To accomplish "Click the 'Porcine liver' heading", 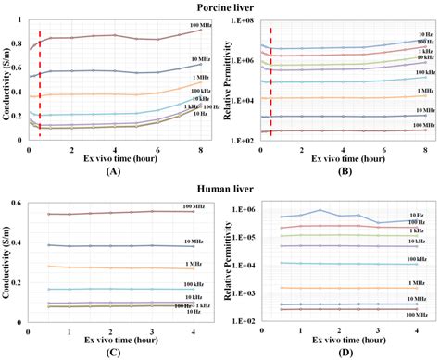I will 219,7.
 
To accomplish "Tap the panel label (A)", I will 114,171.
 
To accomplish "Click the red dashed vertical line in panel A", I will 40,83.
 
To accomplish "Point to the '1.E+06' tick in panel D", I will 244,209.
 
